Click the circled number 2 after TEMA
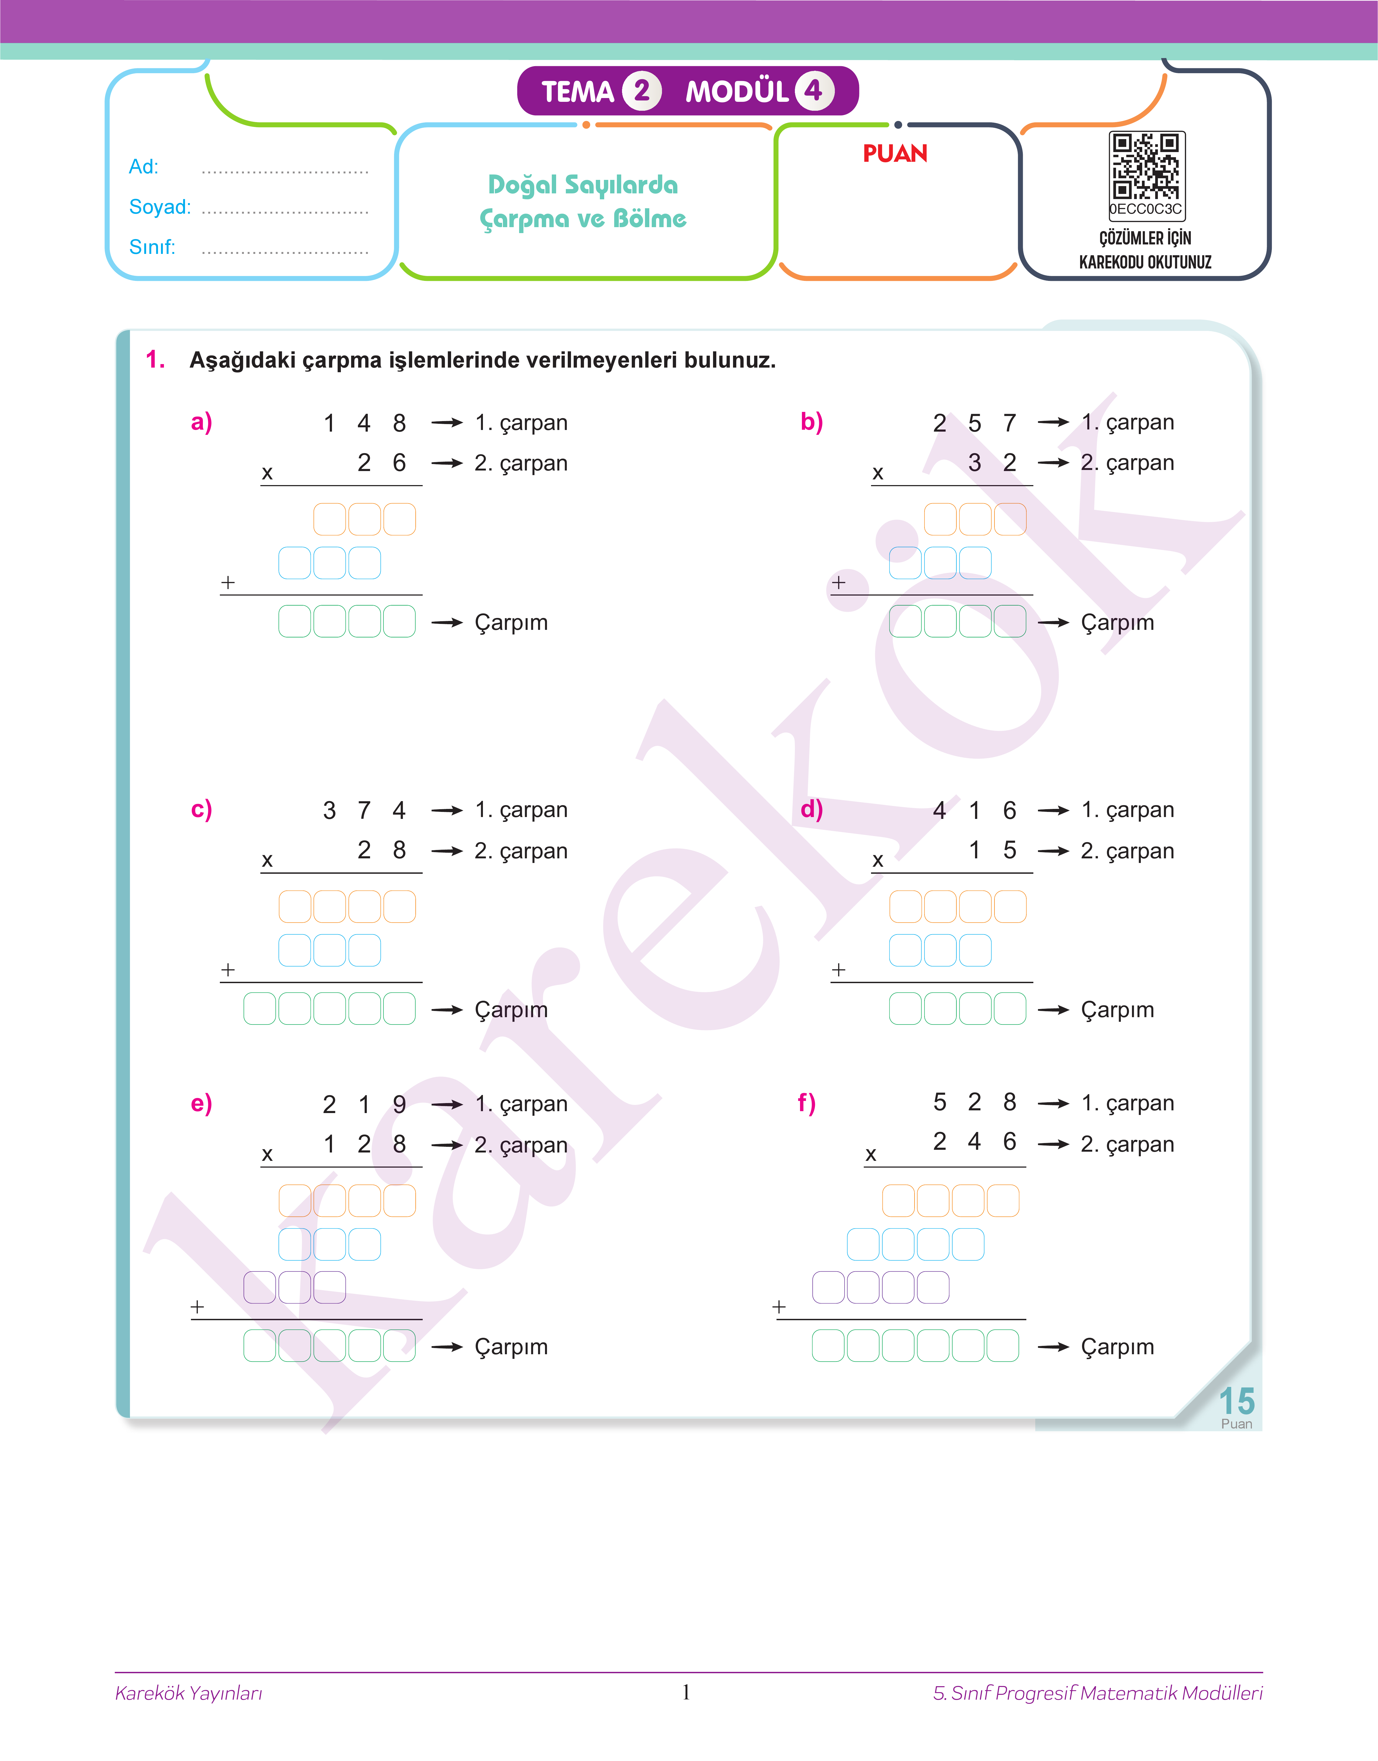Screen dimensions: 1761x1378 click(x=641, y=90)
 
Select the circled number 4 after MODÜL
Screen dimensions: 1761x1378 click(x=813, y=90)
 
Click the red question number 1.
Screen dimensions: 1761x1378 click(x=155, y=360)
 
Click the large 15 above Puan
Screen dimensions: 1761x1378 click(x=1236, y=1401)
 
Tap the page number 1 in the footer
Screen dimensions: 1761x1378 click(x=686, y=1692)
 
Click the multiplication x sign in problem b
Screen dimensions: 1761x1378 click(x=878, y=473)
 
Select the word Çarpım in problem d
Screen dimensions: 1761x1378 click(x=1117, y=1010)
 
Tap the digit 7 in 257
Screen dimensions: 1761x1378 click(x=1009, y=423)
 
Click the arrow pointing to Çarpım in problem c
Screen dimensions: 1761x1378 click(x=447, y=1010)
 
